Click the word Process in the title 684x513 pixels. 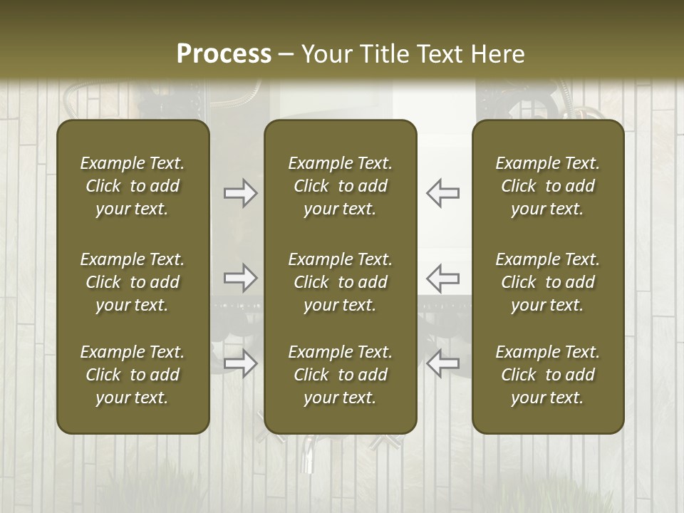tap(224, 54)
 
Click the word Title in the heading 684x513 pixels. tap(383, 54)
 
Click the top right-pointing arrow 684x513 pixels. tap(241, 193)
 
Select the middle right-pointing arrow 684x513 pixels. tap(241, 278)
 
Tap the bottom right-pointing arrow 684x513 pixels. tap(241, 363)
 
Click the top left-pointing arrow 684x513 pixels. tap(442, 193)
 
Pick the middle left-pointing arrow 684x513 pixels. tap(442, 278)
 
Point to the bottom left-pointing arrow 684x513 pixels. tap(442, 363)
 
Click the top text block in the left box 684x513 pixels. tap(133, 186)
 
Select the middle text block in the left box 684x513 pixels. tap(133, 282)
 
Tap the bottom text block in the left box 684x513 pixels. tap(133, 375)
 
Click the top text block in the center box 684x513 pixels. tap(340, 186)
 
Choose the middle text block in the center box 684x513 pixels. tap(340, 282)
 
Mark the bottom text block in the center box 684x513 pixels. tap(340, 375)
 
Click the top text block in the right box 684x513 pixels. tap(547, 186)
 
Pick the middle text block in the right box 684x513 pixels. tap(547, 282)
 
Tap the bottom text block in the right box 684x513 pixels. tap(547, 375)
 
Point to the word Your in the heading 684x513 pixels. tap(326, 54)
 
